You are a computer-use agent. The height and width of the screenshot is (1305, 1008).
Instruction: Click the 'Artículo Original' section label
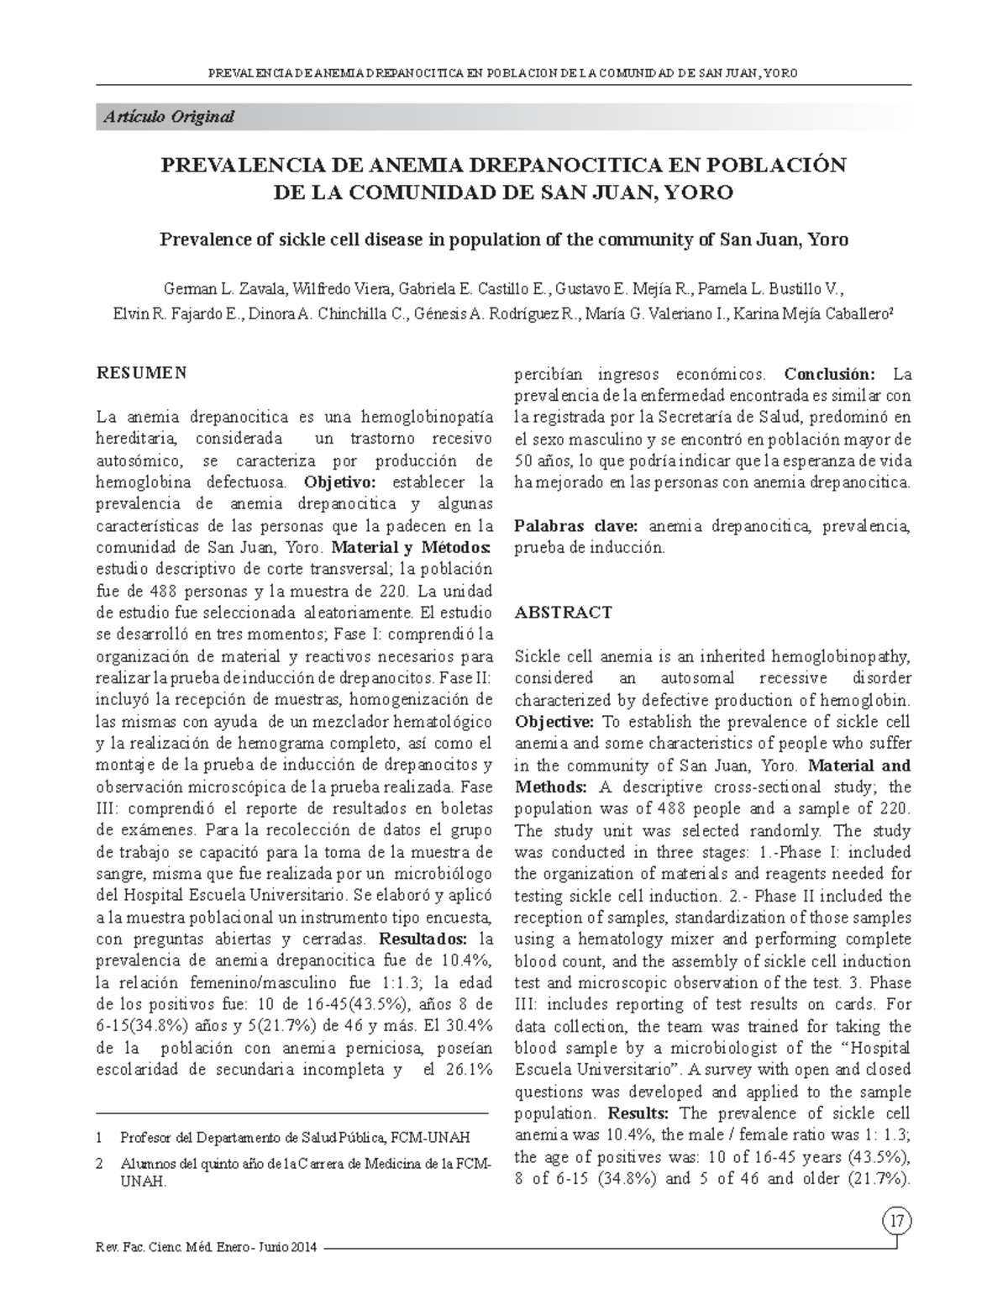coord(169,117)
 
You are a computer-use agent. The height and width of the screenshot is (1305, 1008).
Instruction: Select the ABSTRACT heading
coord(563,613)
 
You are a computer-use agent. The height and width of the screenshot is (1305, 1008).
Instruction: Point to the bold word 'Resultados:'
coord(424,938)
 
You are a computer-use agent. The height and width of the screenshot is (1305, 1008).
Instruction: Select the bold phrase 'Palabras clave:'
coord(576,526)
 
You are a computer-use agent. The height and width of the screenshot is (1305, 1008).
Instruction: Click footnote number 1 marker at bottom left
coord(100,1138)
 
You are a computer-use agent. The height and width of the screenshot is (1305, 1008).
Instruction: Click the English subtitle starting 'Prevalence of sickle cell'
coord(504,239)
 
